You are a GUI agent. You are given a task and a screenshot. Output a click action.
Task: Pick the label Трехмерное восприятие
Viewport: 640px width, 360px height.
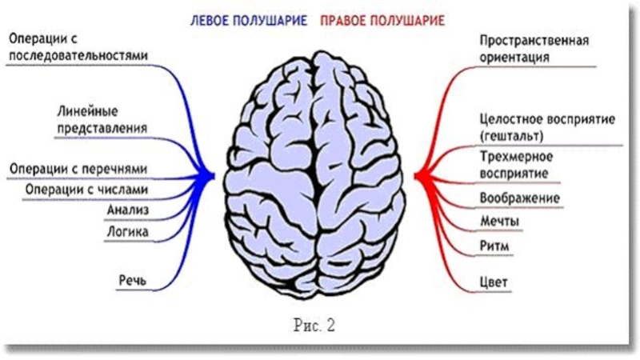pyautogui.click(x=518, y=164)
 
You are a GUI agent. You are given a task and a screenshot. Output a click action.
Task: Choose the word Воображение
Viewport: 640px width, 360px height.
pyautogui.click(x=518, y=198)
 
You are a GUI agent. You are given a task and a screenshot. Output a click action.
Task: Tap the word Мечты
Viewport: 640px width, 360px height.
pyautogui.click(x=498, y=222)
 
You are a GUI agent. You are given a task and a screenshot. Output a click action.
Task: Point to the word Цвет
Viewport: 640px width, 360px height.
pyautogui.click(x=494, y=282)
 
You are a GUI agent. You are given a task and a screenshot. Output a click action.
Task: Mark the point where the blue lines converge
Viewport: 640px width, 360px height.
pyautogui.click(x=213, y=173)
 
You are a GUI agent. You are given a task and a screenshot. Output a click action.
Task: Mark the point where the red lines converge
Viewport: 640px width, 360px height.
pyautogui.click(x=417, y=174)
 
